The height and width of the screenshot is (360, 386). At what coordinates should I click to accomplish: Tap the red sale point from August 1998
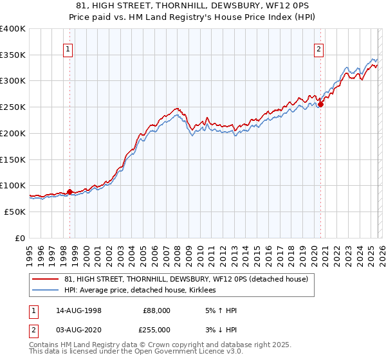(69, 192)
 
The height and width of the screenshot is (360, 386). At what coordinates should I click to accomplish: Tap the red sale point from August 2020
(320, 104)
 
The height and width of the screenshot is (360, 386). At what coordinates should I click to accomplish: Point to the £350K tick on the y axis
(13, 55)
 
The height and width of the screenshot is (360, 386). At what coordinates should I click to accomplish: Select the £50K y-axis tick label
(15, 212)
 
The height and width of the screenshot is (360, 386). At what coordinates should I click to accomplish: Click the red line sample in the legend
(46, 280)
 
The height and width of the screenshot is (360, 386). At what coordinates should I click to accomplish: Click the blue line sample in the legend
(46, 291)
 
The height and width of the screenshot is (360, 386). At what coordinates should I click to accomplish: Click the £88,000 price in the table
(156, 310)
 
